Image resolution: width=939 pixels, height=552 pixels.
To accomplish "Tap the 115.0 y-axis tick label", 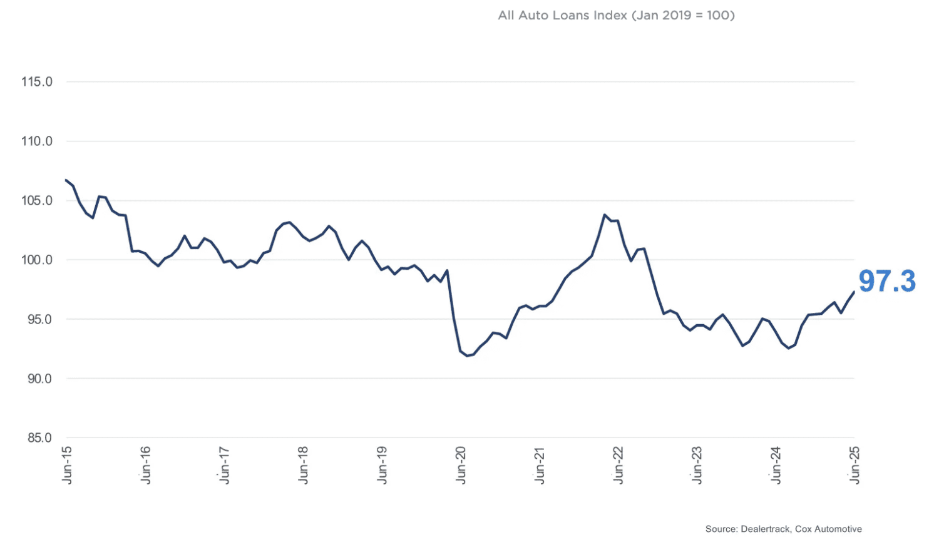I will tap(36, 82).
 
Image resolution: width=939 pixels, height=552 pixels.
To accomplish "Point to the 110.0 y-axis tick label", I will tap(36, 141).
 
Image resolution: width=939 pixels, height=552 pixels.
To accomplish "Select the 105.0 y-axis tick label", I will tap(36, 201).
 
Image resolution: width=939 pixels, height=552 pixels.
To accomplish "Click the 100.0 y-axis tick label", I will tap(36, 260).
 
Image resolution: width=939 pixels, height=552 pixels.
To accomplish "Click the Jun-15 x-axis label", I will tap(67, 465).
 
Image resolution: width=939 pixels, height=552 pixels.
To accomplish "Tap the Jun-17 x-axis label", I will tap(225, 465).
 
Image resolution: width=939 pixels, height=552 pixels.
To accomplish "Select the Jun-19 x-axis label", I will tap(382, 465).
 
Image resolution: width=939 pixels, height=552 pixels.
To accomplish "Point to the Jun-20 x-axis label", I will tap(461, 465).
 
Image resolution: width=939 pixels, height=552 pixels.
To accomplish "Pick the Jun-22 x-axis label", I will tap(618, 465).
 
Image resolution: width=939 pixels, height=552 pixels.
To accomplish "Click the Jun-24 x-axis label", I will tap(776, 465).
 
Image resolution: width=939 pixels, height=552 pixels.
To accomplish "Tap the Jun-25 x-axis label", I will tap(854, 465).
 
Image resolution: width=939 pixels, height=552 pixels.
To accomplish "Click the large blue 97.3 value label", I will tap(887, 282).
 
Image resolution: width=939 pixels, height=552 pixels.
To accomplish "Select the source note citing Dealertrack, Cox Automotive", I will tap(783, 529).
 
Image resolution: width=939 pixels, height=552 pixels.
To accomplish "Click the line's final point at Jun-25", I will tap(854, 292).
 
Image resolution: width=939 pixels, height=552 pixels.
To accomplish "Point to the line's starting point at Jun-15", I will tap(66, 180).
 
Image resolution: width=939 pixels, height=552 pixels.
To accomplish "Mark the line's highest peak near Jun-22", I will tap(605, 215).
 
